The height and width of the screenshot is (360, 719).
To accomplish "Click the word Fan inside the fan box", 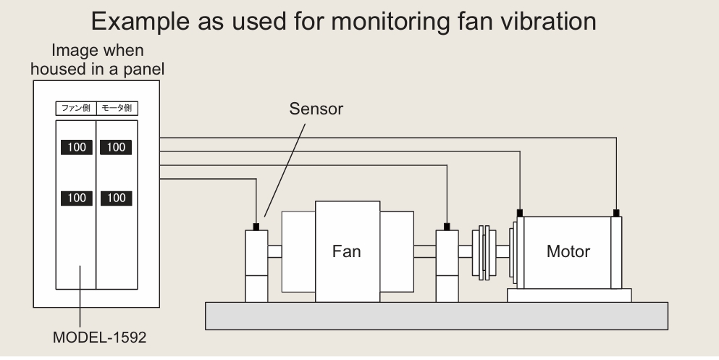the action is pyautogui.click(x=346, y=251).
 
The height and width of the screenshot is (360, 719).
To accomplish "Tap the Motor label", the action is pyautogui.click(x=568, y=251).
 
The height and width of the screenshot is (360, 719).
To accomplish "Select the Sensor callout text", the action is pyautogui.click(x=316, y=109).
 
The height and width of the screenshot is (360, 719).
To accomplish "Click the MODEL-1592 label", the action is pyautogui.click(x=99, y=337).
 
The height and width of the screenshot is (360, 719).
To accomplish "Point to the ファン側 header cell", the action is pyautogui.click(x=76, y=108).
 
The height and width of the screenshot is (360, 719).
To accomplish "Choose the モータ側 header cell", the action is pyautogui.click(x=117, y=108).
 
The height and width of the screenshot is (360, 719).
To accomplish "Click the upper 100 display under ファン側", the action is pyautogui.click(x=77, y=147).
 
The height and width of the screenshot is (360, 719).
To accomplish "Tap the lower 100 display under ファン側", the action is pyautogui.click(x=77, y=198).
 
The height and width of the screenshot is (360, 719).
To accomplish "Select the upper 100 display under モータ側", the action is pyautogui.click(x=116, y=147).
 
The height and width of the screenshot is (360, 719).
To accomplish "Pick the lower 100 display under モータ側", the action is pyautogui.click(x=116, y=198).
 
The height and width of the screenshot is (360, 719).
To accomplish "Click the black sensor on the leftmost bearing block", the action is pyautogui.click(x=256, y=227).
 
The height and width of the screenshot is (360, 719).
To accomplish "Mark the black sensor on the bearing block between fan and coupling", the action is pyautogui.click(x=447, y=227).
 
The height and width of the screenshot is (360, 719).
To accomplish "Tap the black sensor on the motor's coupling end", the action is pyautogui.click(x=520, y=213).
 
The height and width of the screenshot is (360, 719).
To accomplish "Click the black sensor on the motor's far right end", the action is pyautogui.click(x=616, y=213).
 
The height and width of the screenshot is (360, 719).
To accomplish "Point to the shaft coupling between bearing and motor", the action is pyautogui.click(x=484, y=252).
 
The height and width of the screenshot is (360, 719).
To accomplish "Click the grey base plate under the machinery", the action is pyautogui.click(x=437, y=316).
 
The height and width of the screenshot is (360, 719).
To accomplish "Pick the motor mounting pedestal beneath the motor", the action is pyautogui.click(x=569, y=296).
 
